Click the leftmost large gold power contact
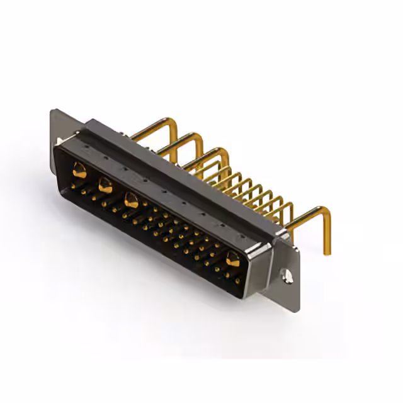click(79, 169)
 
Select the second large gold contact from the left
click(105, 185)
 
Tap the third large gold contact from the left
click(131, 201)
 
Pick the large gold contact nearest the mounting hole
click(232, 258)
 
